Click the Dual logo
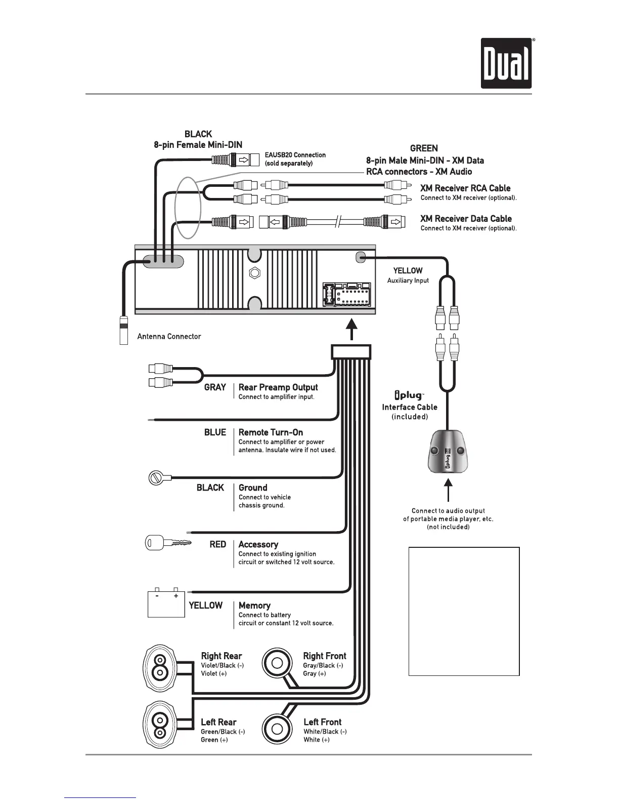506,63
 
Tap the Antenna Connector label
169,336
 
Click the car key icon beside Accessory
168,543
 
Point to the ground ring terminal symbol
156,477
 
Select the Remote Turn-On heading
271,432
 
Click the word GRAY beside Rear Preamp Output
215,387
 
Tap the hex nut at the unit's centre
255,272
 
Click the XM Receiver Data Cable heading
466,219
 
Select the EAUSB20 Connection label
295,155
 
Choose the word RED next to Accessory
218,544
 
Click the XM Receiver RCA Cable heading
465,188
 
